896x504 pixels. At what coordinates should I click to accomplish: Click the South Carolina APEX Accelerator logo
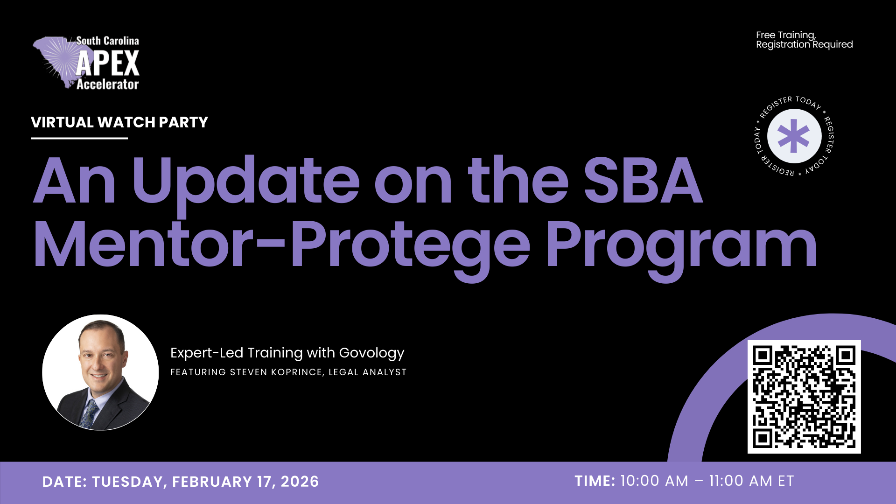point(86,63)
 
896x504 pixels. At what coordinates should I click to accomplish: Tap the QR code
point(804,397)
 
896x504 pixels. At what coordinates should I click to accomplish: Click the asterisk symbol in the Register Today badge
point(794,136)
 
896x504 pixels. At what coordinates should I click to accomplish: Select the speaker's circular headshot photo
point(100,372)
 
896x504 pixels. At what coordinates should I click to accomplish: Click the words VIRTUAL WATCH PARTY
point(119,122)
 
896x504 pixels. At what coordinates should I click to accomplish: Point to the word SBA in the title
point(643,181)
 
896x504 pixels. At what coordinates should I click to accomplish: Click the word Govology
point(371,353)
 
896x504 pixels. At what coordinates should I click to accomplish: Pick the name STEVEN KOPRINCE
point(276,372)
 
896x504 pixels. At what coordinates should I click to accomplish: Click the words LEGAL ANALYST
point(368,372)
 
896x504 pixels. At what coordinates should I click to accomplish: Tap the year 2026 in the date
point(300,482)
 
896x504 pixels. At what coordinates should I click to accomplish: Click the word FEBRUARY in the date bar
point(212,482)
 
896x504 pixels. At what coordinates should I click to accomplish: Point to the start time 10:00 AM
point(654,481)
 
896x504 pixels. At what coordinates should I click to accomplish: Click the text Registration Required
point(805,45)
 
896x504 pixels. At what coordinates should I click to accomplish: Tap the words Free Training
point(786,35)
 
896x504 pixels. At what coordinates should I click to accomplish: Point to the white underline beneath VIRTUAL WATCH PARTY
point(79,138)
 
